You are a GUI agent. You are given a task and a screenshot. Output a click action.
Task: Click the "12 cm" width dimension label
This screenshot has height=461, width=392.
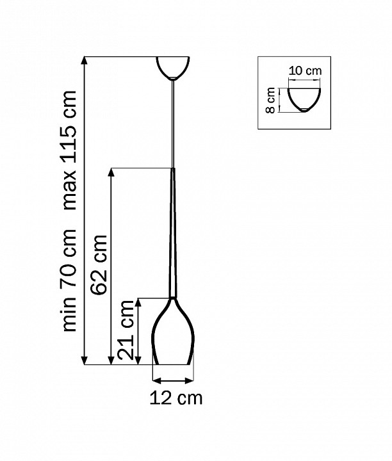point(176,398)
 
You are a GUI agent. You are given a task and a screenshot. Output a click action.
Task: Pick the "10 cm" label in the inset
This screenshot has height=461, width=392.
point(304,71)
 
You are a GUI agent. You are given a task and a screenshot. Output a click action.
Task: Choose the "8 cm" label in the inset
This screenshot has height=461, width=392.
point(271,101)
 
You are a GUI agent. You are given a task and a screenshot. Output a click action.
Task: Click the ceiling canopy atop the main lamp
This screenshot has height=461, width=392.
point(172,67)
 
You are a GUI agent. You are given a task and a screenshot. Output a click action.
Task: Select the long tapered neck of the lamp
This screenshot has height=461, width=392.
point(172,237)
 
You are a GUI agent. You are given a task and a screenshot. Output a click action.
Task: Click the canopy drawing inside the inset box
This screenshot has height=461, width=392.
point(304,98)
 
